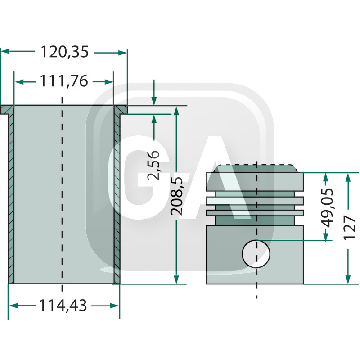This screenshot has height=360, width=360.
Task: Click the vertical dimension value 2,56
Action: (154, 165)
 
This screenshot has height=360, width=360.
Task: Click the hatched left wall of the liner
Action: (12, 198)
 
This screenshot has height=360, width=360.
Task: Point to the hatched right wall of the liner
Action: (117, 198)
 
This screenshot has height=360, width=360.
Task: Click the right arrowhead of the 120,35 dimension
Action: (123, 52)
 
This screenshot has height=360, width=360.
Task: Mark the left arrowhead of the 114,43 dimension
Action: (13, 306)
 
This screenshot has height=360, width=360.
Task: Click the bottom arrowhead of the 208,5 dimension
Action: (176, 279)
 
